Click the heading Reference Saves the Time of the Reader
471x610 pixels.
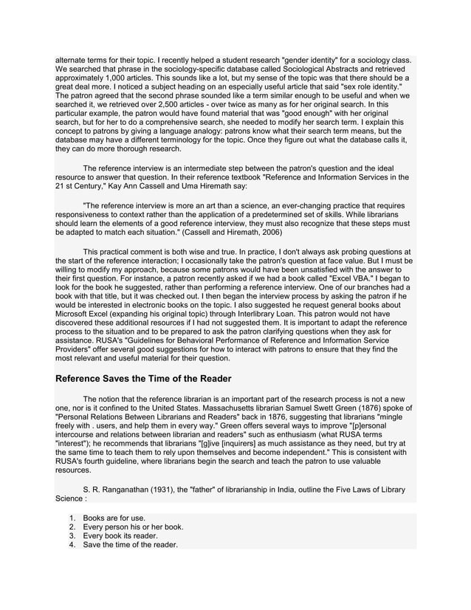143,379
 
